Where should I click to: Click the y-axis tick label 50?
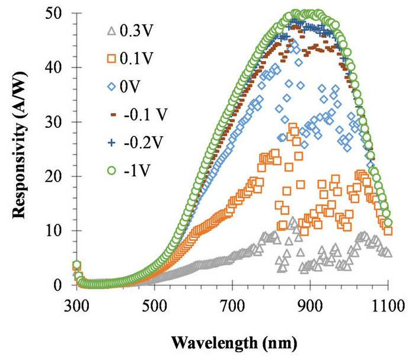click(x=55, y=13)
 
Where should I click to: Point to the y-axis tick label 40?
click(x=55, y=67)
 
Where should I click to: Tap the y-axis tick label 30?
click(x=55, y=122)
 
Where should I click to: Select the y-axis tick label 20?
click(x=55, y=176)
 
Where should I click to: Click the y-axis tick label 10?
click(x=55, y=230)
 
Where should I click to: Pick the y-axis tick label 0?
click(x=59, y=285)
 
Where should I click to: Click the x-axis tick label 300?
click(x=76, y=306)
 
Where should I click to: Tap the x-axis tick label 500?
click(x=155, y=306)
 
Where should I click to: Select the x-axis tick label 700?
click(x=232, y=306)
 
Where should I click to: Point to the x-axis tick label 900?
click(x=310, y=306)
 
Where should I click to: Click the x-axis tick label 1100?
click(x=388, y=306)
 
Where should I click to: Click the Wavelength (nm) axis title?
click(x=234, y=343)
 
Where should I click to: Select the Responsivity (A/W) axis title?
click(x=19, y=146)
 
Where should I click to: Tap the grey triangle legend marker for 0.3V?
click(x=112, y=31)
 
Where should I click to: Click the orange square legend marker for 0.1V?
click(x=112, y=59)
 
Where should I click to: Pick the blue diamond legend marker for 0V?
click(x=112, y=86)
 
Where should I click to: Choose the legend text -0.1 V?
click(x=146, y=114)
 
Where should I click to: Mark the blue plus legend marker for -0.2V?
click(x=112, y=143)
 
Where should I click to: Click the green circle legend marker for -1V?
click(x=112, y=171)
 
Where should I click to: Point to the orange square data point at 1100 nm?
click(x=388, y=231)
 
